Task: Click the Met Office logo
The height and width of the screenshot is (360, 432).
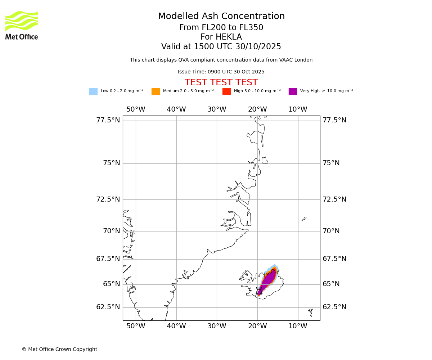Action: tap(22, 25)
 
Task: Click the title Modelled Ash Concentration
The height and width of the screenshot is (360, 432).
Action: tap(221, 17)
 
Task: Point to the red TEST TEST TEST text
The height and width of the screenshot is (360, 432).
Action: tap(221, 83)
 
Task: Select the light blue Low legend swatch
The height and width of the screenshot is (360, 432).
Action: tap(93, 91)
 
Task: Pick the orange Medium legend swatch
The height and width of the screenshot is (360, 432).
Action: tap(156, 91)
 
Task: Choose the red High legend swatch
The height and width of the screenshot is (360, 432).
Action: tap(226, 91)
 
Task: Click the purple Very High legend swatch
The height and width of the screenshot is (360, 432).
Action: tap(293, 91)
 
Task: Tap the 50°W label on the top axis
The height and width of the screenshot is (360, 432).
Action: tap(136, 109)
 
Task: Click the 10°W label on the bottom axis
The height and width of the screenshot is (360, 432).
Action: tap(298, 326)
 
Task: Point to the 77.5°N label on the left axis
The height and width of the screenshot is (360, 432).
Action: tap(108, 120)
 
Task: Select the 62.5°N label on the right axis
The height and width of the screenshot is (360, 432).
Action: tap(334, 307)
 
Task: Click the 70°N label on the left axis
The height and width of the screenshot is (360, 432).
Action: tap(111, 231)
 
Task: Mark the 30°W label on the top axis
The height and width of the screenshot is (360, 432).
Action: tap(217, 109)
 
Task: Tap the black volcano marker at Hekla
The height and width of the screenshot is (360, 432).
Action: tap(259, 291)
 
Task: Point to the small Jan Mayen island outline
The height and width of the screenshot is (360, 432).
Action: tap(304, 219)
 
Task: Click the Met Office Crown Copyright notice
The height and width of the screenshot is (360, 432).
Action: tap(59, 350)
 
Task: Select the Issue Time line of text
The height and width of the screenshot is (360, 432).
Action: tap(221, 72)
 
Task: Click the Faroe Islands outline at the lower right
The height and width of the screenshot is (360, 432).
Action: tap(311, 310)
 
